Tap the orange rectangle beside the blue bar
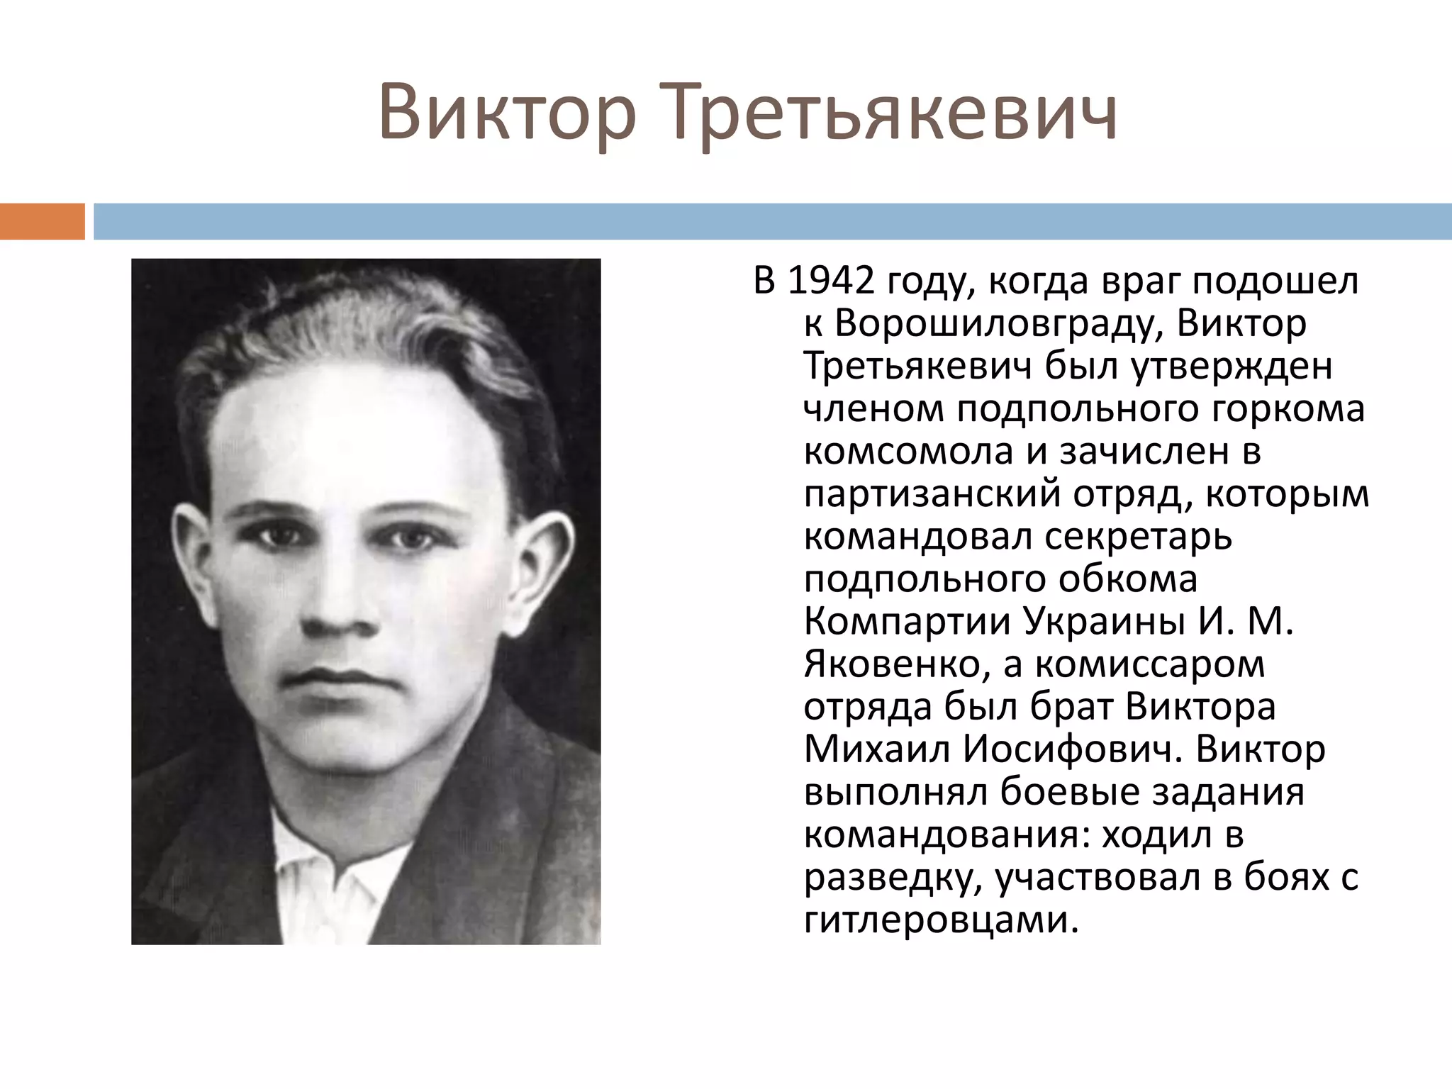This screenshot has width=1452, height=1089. coord(42,221)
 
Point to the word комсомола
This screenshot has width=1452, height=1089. coord(908,452)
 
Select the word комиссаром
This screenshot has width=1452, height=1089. coord(1149,665)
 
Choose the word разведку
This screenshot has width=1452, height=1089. coord(893,878)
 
